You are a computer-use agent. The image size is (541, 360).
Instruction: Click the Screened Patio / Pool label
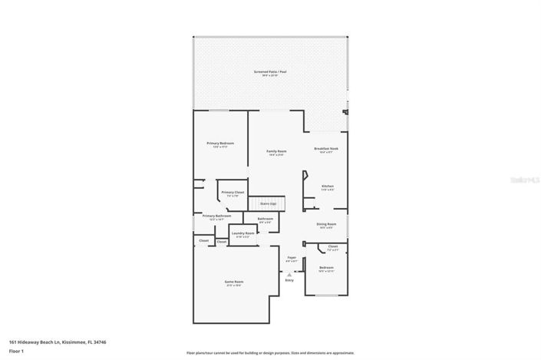(x=269, y=72)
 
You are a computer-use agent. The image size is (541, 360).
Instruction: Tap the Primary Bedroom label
(x=220, y=144)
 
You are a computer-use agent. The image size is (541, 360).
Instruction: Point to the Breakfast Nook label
(x=326, y=148)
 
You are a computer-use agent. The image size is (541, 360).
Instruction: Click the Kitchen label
(x=328, y=187)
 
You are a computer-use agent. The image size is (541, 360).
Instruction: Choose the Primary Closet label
(x=233, y=193)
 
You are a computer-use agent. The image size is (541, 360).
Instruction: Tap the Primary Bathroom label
(x=216, y=216)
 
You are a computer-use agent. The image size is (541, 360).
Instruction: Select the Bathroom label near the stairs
(x=266, y=220)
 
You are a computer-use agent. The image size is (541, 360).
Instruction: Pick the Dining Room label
(x=326, y=225)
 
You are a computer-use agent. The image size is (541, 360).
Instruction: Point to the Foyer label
(x=292, y=258)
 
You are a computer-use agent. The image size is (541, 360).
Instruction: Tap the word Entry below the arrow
(x=290, y=280)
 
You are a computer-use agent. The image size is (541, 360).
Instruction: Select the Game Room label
(x=233, y=282)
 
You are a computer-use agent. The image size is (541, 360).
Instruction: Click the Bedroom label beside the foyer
(x=326, y=268)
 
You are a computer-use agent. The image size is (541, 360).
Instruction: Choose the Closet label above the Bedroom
(x=332, y=247)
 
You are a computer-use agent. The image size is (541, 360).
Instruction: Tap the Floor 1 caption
(x=16, y=351)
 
